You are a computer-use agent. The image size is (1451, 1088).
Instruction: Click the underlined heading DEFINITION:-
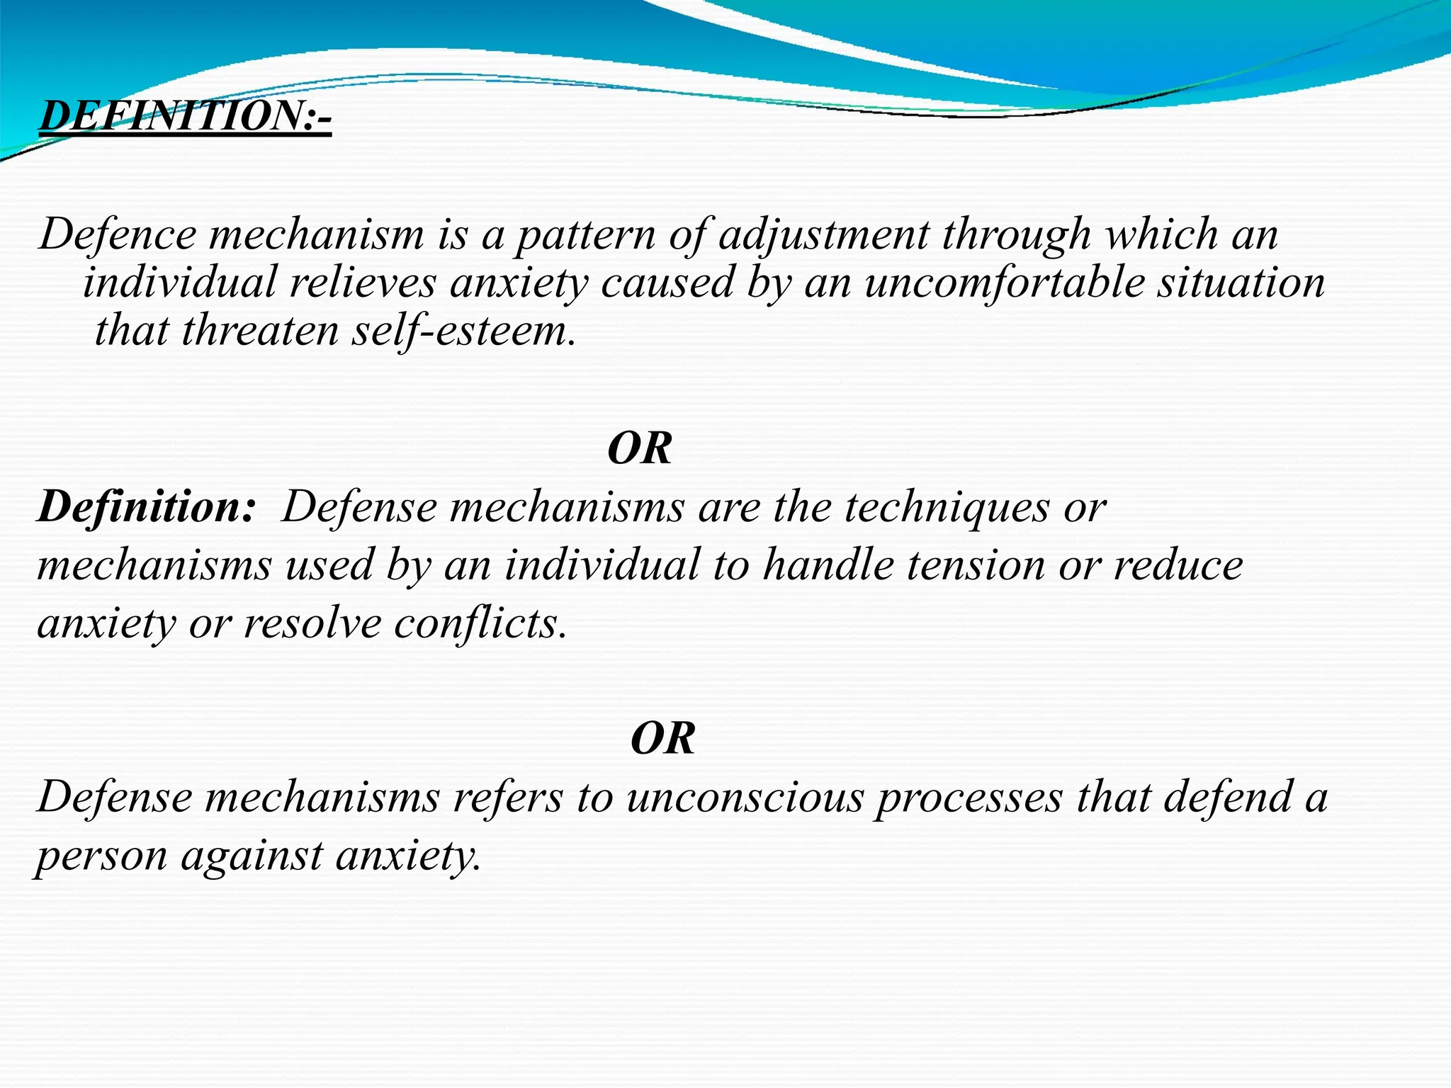point(185,116)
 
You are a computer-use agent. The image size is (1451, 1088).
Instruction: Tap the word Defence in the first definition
point(118,234)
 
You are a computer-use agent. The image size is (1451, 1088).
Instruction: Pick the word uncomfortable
point(1004,283)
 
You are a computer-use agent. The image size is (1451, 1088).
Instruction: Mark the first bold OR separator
point(640,448)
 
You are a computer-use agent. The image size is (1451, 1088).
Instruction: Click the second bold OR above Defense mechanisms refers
point(662,739)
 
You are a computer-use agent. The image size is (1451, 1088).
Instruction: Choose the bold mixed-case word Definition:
point(146,507)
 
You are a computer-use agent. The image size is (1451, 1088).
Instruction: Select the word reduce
point(1178,565)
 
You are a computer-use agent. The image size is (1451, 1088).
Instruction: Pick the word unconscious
point(745,798)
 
